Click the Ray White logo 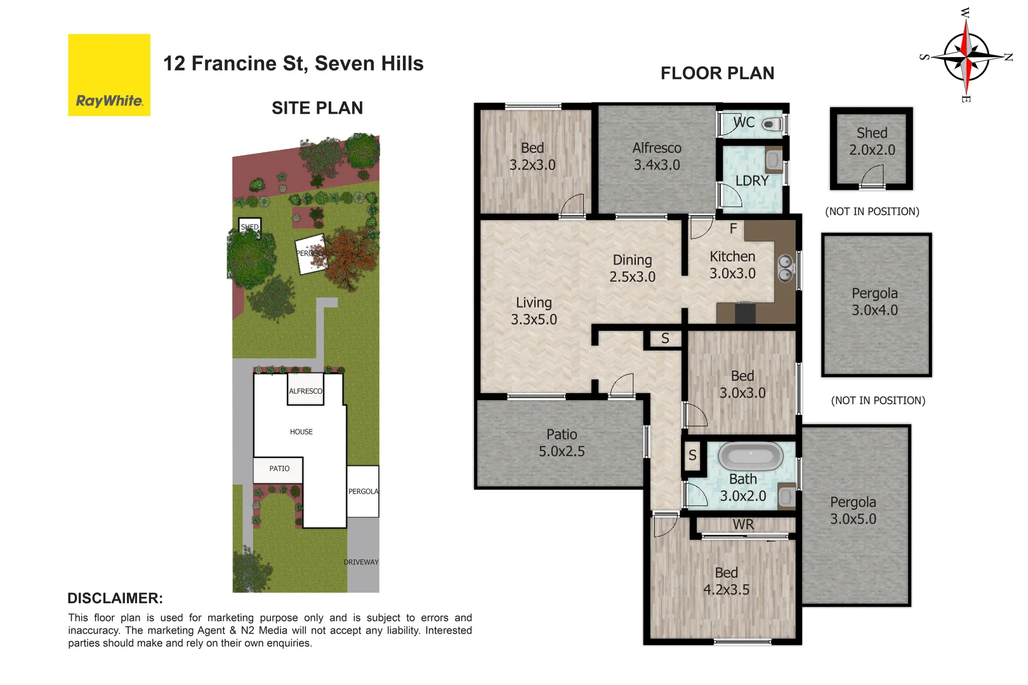tap(109, 75)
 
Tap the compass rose tap(965, 56)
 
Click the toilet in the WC tap(772, 124)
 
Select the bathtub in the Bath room tap(751, 456)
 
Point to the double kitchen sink tap(786, 268)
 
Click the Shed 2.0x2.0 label tap(872, 141)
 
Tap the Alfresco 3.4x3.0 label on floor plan tap(657, 156)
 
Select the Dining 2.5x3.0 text tap(632, 268)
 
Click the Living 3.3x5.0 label tap(534, 311)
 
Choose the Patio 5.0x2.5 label tap(562, 443)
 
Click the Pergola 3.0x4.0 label tap(874, 302)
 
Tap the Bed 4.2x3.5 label tap(726, 581)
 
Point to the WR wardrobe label tap(743, 525)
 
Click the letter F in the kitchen tap(733, 228)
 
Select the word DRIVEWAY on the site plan tap(361, 562)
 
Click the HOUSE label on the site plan tap(301, 432)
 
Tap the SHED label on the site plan tap(249, 227)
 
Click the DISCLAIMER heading tap(115, 598)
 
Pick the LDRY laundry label tap(752, 181)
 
